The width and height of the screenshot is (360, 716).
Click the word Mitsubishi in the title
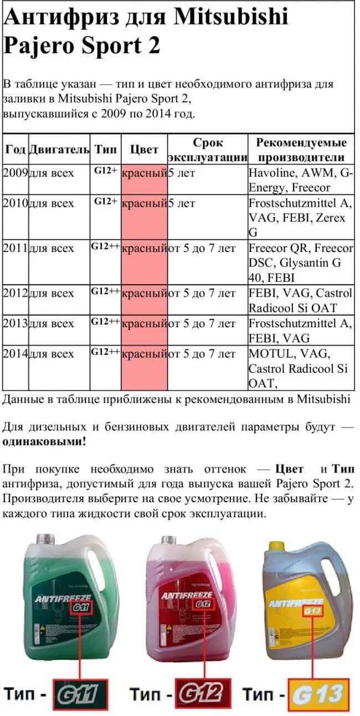coord(231,18)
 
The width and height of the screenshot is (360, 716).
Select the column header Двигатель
coord(59,150)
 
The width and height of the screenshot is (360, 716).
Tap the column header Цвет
coord(144,150)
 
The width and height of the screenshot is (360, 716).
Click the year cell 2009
coord(15,173)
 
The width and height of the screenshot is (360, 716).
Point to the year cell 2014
coord(15,353)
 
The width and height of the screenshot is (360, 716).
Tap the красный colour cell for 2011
coord(144,249)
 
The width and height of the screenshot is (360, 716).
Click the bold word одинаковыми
coord(44,442)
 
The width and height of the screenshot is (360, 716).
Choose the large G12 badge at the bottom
coord(203,693)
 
